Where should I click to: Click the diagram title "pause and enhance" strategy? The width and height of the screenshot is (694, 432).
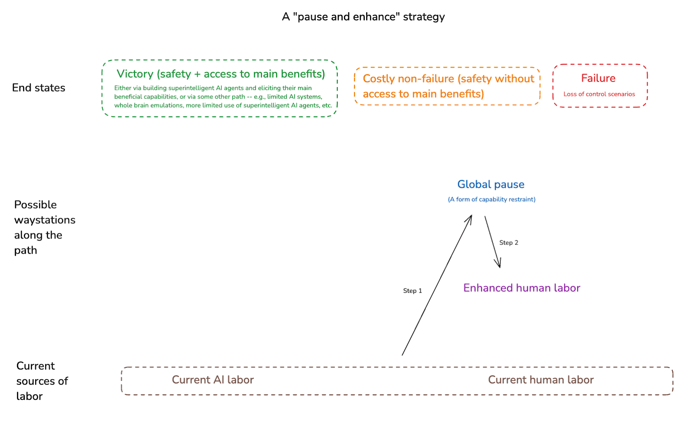click(363, 17)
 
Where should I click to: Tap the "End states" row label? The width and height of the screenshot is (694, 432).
click(39, 88)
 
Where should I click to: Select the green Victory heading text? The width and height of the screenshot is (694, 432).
click(221, 74)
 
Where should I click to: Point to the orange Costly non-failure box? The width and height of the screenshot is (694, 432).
click(447, 86)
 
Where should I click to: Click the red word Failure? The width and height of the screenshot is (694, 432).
click(598, 78)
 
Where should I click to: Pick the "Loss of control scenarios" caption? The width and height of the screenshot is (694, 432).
click(599, 94)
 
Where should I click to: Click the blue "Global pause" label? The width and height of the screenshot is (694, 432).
click(491, 184)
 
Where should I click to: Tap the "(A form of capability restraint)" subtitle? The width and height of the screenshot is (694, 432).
click(491, 200)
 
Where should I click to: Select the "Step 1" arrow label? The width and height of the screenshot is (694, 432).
click(412, 291)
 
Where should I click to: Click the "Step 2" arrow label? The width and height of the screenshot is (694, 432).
click(508, 242)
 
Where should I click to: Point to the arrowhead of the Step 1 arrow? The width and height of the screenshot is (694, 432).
click(471, 216)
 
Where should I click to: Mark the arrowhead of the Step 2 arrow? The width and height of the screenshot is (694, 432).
click(499, 265)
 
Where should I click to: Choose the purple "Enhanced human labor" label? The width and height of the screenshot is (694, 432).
click(521, 288)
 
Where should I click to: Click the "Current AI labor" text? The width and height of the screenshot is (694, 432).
click(213, 380)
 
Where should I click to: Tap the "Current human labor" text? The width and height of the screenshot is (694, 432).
click(540, 380)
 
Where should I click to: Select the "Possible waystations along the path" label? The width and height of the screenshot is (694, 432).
click(44, 227)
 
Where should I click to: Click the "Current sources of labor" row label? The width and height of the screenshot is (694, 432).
click(42, 381)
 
